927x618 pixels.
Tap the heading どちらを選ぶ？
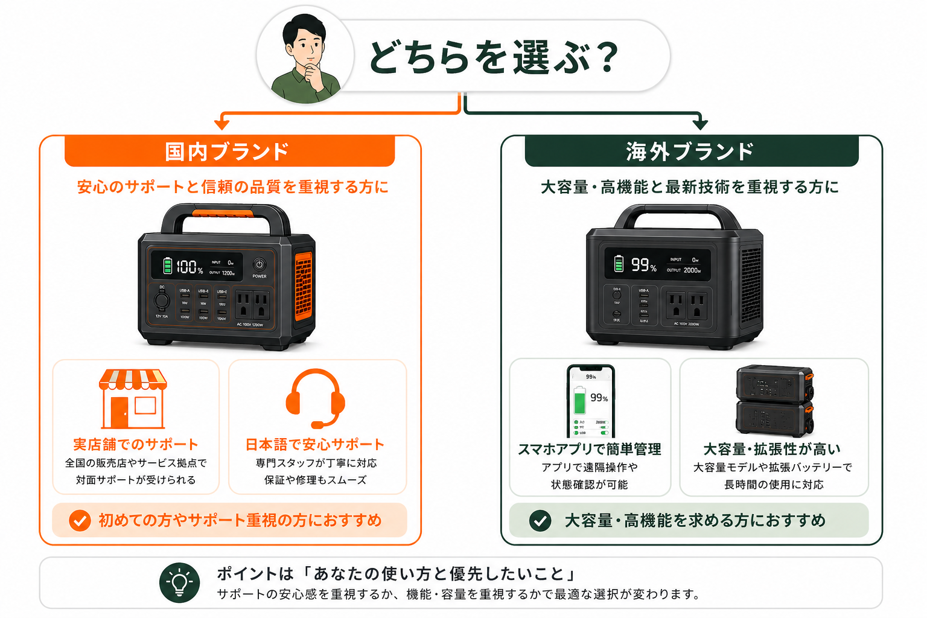(x=493, y=57)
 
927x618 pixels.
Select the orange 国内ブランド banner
(x=229, y=151)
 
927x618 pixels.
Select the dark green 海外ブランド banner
(x=691, y=151)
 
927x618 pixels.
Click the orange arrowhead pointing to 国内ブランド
(x=222, y=124)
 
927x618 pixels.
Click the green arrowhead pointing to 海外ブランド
(x=700, y=124)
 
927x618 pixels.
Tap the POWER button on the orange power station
(x=260, y=265)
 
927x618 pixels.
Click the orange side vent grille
(x=303, y=286)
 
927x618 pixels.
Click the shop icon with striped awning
(x=133, y=398)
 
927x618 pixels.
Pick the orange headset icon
(x=315, y=397)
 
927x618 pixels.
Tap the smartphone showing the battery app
(x=590, y=401)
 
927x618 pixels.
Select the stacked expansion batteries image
(x=774, y=400)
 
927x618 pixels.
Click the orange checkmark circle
(x=80, y=520)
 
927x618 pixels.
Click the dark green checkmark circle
(x=540, y=520)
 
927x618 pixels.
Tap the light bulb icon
(x=179, y=583)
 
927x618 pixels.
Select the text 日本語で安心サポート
(x=315, y=445)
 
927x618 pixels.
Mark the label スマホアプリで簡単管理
(x=590, y=450)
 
